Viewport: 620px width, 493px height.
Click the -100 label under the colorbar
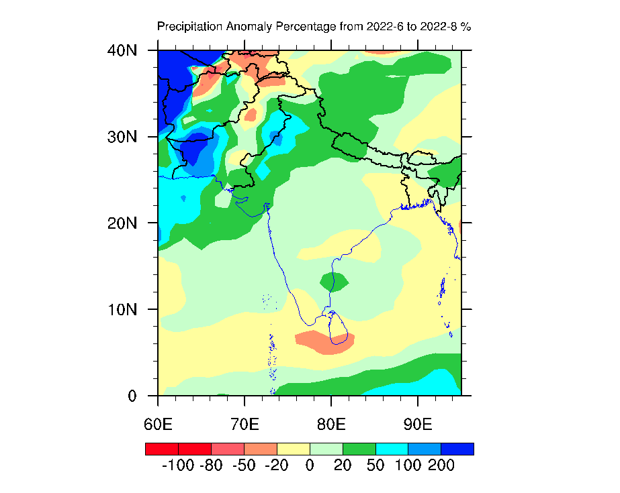[x=178, y=465]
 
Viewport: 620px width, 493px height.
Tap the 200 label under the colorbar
[x=441, y=465]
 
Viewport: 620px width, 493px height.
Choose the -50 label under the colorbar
[x=244, y=465]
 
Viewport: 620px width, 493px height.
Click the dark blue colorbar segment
[x=457, y=449]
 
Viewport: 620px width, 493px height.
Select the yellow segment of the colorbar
[x=293, y=449]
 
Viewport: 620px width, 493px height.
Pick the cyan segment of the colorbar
[x=392, y=449]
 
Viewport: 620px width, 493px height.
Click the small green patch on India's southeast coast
[x=334, y=281]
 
